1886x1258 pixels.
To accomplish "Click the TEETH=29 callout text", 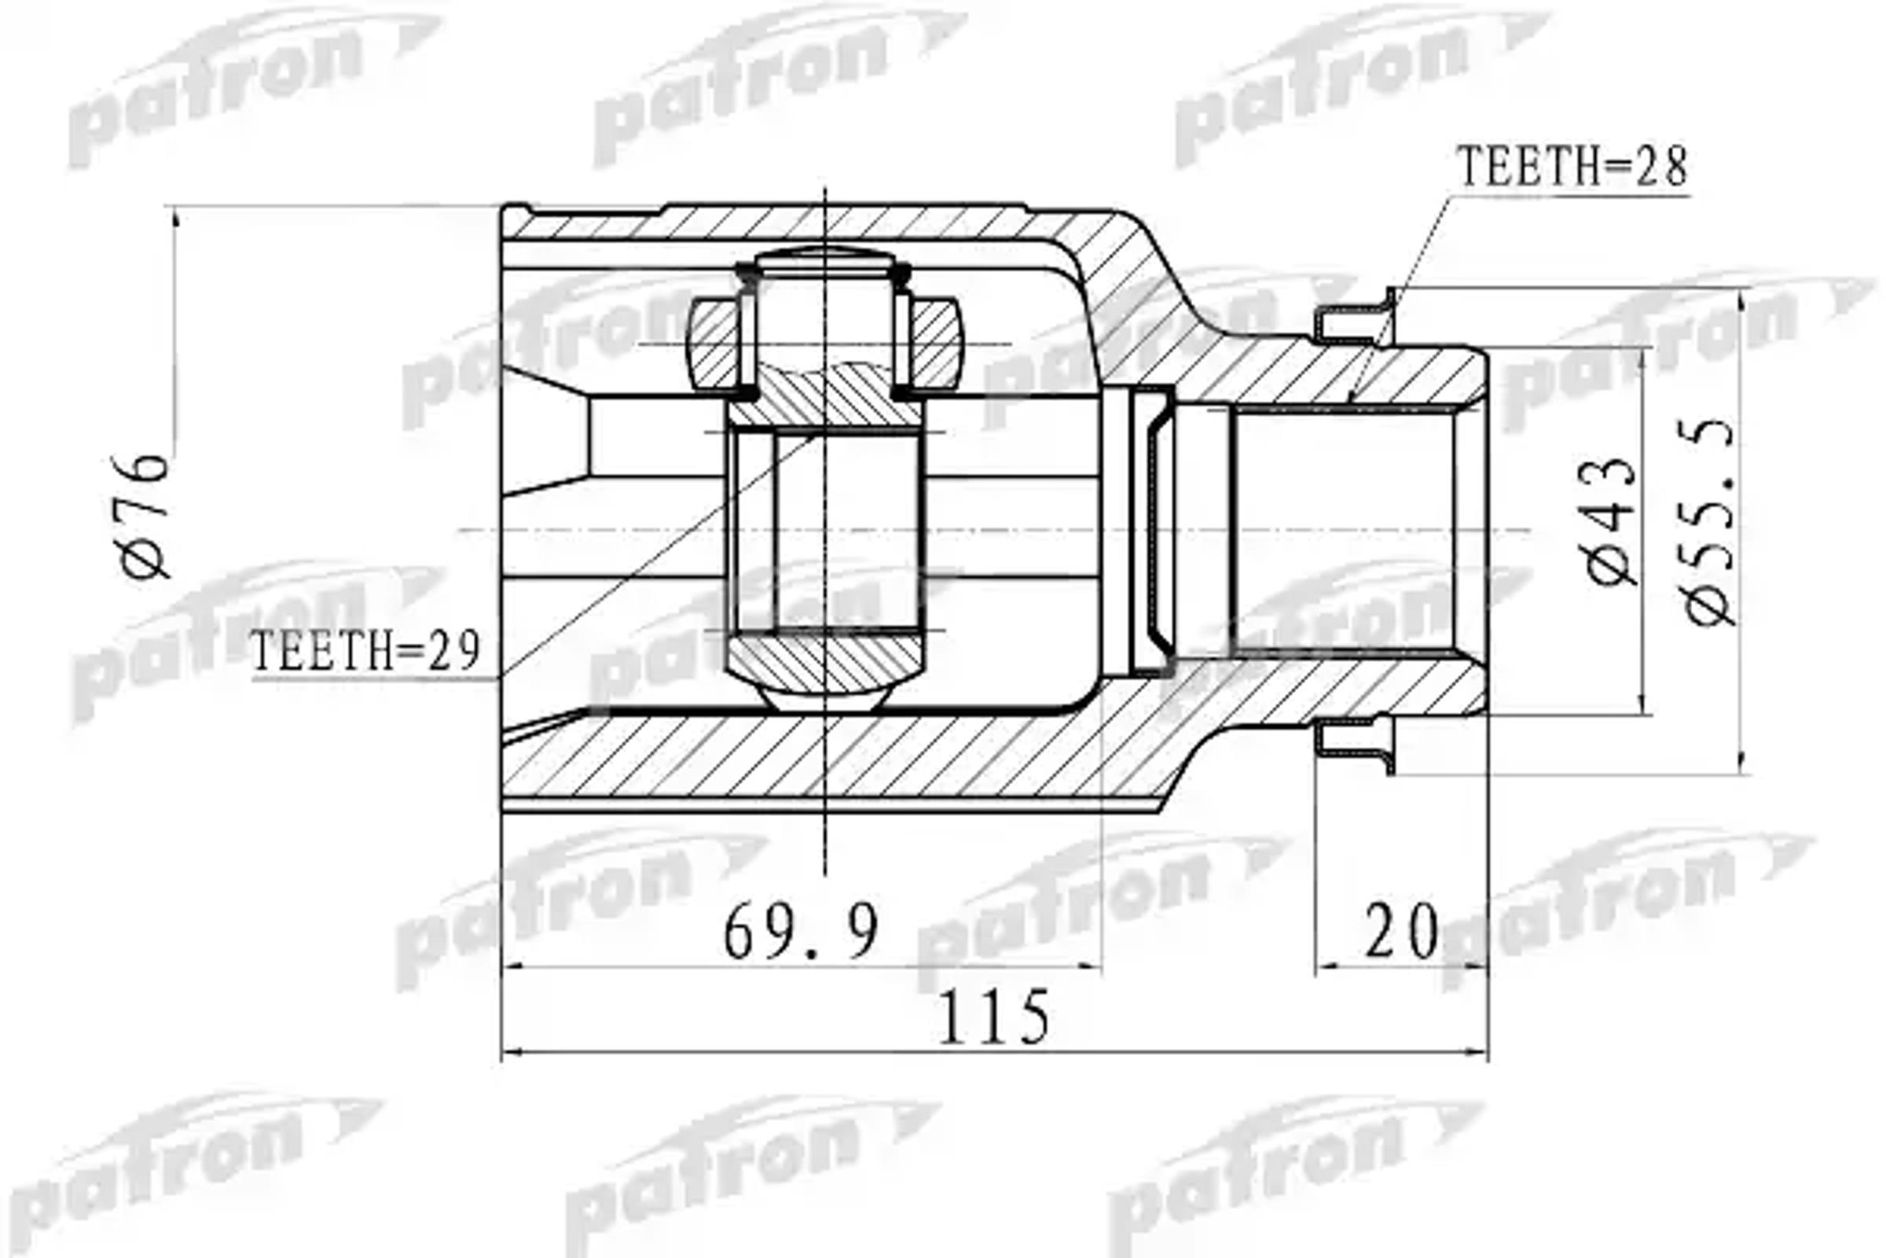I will pos(365,651).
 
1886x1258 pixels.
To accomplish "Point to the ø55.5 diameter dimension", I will pos(1710,522).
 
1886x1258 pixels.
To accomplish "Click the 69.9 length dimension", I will pos(801,932).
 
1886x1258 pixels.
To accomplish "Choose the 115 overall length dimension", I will pos(993,1017).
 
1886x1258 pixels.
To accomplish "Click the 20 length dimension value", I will pos(1401,932).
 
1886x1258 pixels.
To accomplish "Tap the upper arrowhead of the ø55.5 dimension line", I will pos(1741,299).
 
